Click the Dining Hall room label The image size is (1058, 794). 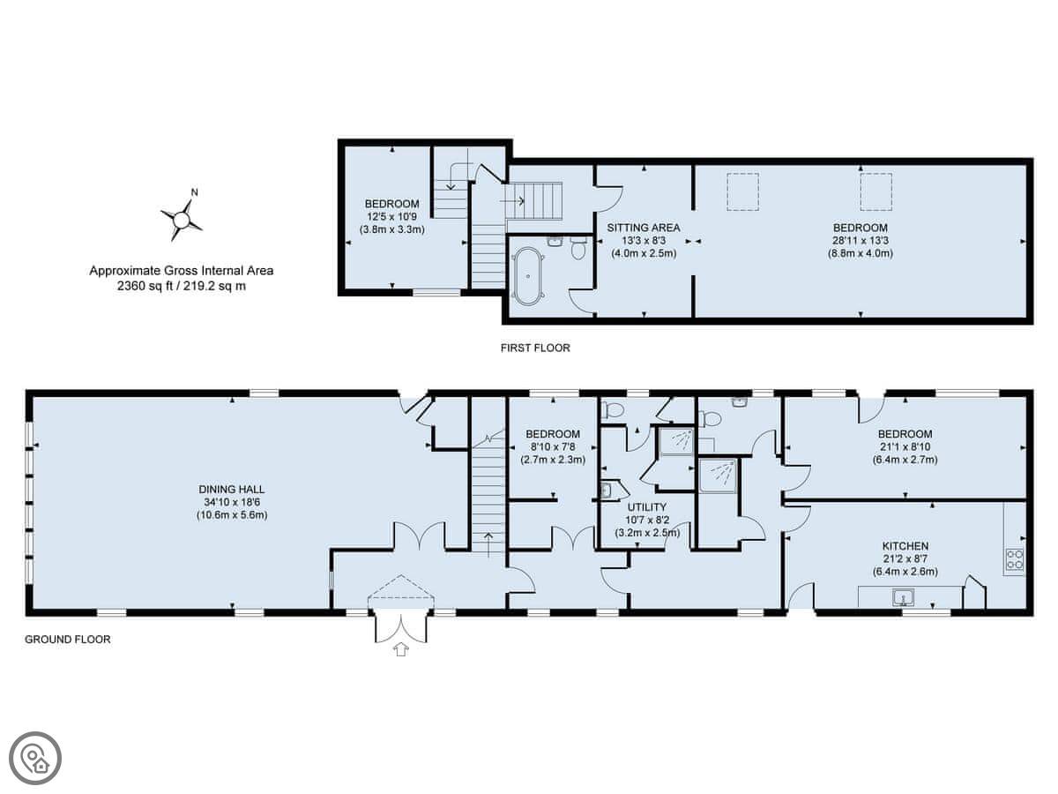click(x=231, y=490)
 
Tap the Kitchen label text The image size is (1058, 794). click(x=905, y=546)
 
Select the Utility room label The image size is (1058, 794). click(x=646, y=507)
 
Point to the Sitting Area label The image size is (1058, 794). click(x=643, y=228)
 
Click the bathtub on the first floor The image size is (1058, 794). click(x=528, y=276)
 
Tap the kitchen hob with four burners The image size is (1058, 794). click(x=1014, y=559)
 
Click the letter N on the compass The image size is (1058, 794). click(x=194, y=192)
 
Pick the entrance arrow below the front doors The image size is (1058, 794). click(x=400, y=649)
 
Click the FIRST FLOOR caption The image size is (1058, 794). click(x=535, y=348)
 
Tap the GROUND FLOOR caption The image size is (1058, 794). click(x=68, y=640)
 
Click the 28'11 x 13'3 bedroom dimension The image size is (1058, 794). click(x=860, y=240)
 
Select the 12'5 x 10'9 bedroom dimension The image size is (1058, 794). click(x=391, y=216)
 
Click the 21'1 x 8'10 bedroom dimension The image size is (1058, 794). click(x=905, y=447)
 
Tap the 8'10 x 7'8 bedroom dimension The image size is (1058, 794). click(x=553, y=447)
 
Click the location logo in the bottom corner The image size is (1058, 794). click(x=35, y=759)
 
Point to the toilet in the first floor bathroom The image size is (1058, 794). click(x=577, y=248)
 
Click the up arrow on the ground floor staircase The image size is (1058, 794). click(x=488, y=544)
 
